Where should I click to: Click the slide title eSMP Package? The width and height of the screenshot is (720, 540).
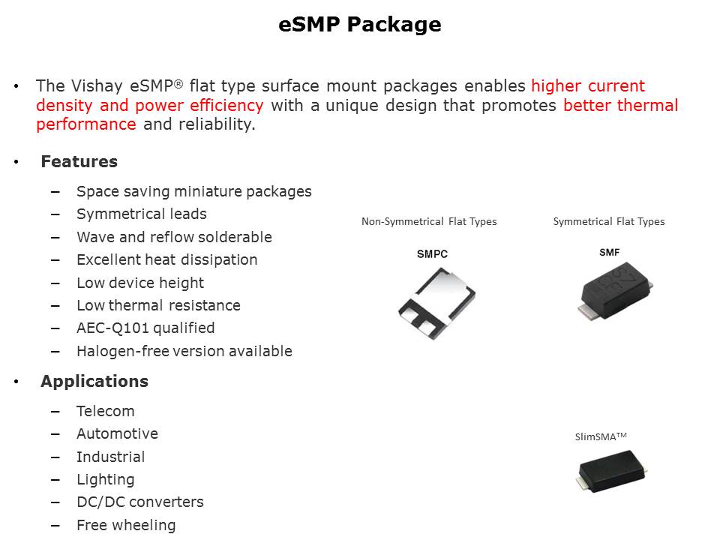point(359,25)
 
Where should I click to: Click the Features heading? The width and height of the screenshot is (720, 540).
point(79,162)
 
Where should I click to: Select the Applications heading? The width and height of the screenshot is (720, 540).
point(94,381)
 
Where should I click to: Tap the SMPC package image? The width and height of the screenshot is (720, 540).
point(436,304)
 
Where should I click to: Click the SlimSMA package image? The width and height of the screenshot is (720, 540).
point(612,471)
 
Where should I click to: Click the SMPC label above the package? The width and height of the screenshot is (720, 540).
point(432,254)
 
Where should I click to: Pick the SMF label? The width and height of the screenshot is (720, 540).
point(609,253)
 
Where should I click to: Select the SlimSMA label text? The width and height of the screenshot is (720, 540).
point(601,436)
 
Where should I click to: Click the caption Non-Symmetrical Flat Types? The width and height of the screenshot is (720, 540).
point(429,222)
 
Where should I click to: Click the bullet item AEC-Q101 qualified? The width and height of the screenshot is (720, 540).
point(145,328)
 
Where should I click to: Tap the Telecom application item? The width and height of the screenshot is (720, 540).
point(106,411)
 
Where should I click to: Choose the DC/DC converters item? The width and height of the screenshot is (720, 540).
point(140,502)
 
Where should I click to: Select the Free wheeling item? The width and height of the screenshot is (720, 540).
point(126,525)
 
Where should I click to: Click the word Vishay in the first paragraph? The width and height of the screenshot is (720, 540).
point(97,86)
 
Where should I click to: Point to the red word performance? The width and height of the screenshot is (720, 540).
point(86,124)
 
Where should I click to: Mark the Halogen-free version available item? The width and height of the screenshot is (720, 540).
point(184,351)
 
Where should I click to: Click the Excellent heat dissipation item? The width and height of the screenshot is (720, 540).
point(167,260)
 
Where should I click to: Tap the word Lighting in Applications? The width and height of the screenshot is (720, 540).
point(106,479)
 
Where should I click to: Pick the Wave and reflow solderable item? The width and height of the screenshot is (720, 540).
point(175,237)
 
